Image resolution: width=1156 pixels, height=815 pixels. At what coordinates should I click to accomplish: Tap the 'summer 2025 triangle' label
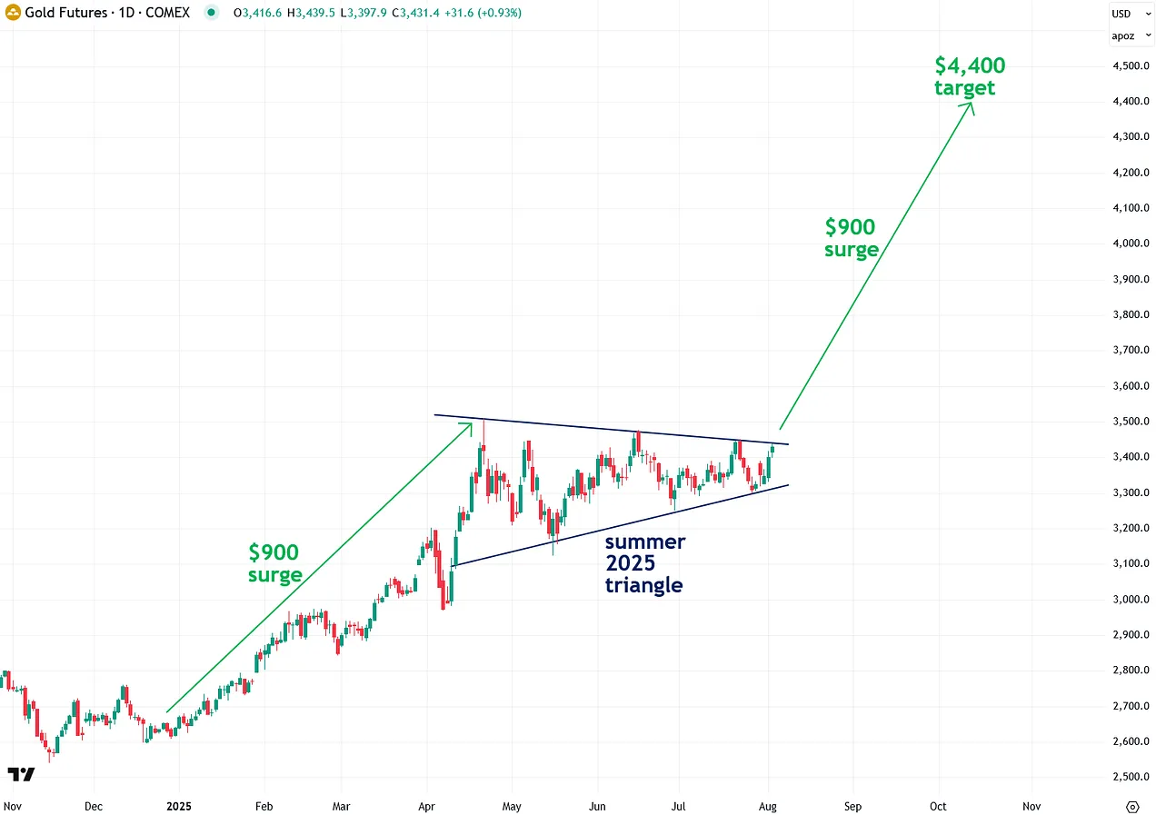pos(645,563)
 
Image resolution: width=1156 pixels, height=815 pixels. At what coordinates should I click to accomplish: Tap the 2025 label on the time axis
pos(179,805)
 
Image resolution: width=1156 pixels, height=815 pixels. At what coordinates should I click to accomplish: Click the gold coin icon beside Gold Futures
pos(14,14)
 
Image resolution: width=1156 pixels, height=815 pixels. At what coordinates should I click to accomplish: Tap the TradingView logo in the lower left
pos(21,774)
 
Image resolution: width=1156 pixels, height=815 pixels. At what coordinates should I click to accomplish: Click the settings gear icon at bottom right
pos(1132,806)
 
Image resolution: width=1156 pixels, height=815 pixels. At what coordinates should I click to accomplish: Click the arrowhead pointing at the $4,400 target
pos(971,105)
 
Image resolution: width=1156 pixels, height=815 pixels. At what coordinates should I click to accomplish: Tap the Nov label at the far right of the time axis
pos(1031,805)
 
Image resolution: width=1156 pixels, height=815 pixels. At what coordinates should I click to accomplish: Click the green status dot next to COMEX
pos(212,14)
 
